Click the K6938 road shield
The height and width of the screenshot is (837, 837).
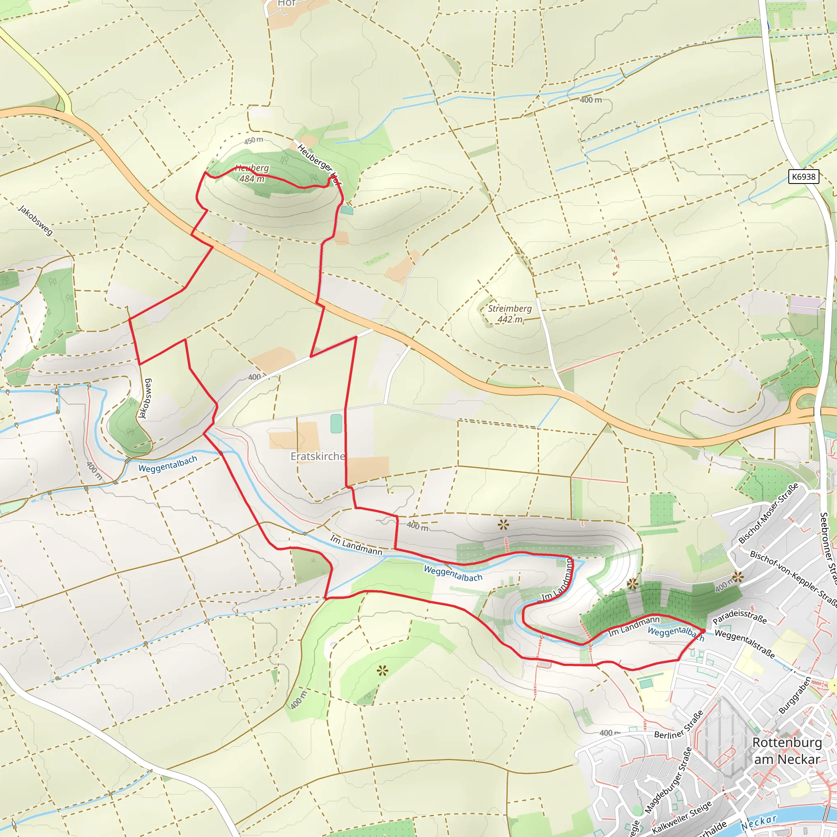pos(803,177)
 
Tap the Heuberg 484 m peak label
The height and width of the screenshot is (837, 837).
pos(252,173)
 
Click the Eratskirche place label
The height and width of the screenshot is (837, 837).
pos(318,456)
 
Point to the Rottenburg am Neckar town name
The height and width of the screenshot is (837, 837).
pos(787,750)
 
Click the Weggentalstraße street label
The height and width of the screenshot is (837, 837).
pos(744,643)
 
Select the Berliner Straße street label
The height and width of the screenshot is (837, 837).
pos(679,725)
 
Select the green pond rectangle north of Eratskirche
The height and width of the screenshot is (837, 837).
pos(336,424)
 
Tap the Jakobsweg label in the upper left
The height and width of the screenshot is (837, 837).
pos(36,221)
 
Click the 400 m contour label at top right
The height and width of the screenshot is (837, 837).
pos(591,100)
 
